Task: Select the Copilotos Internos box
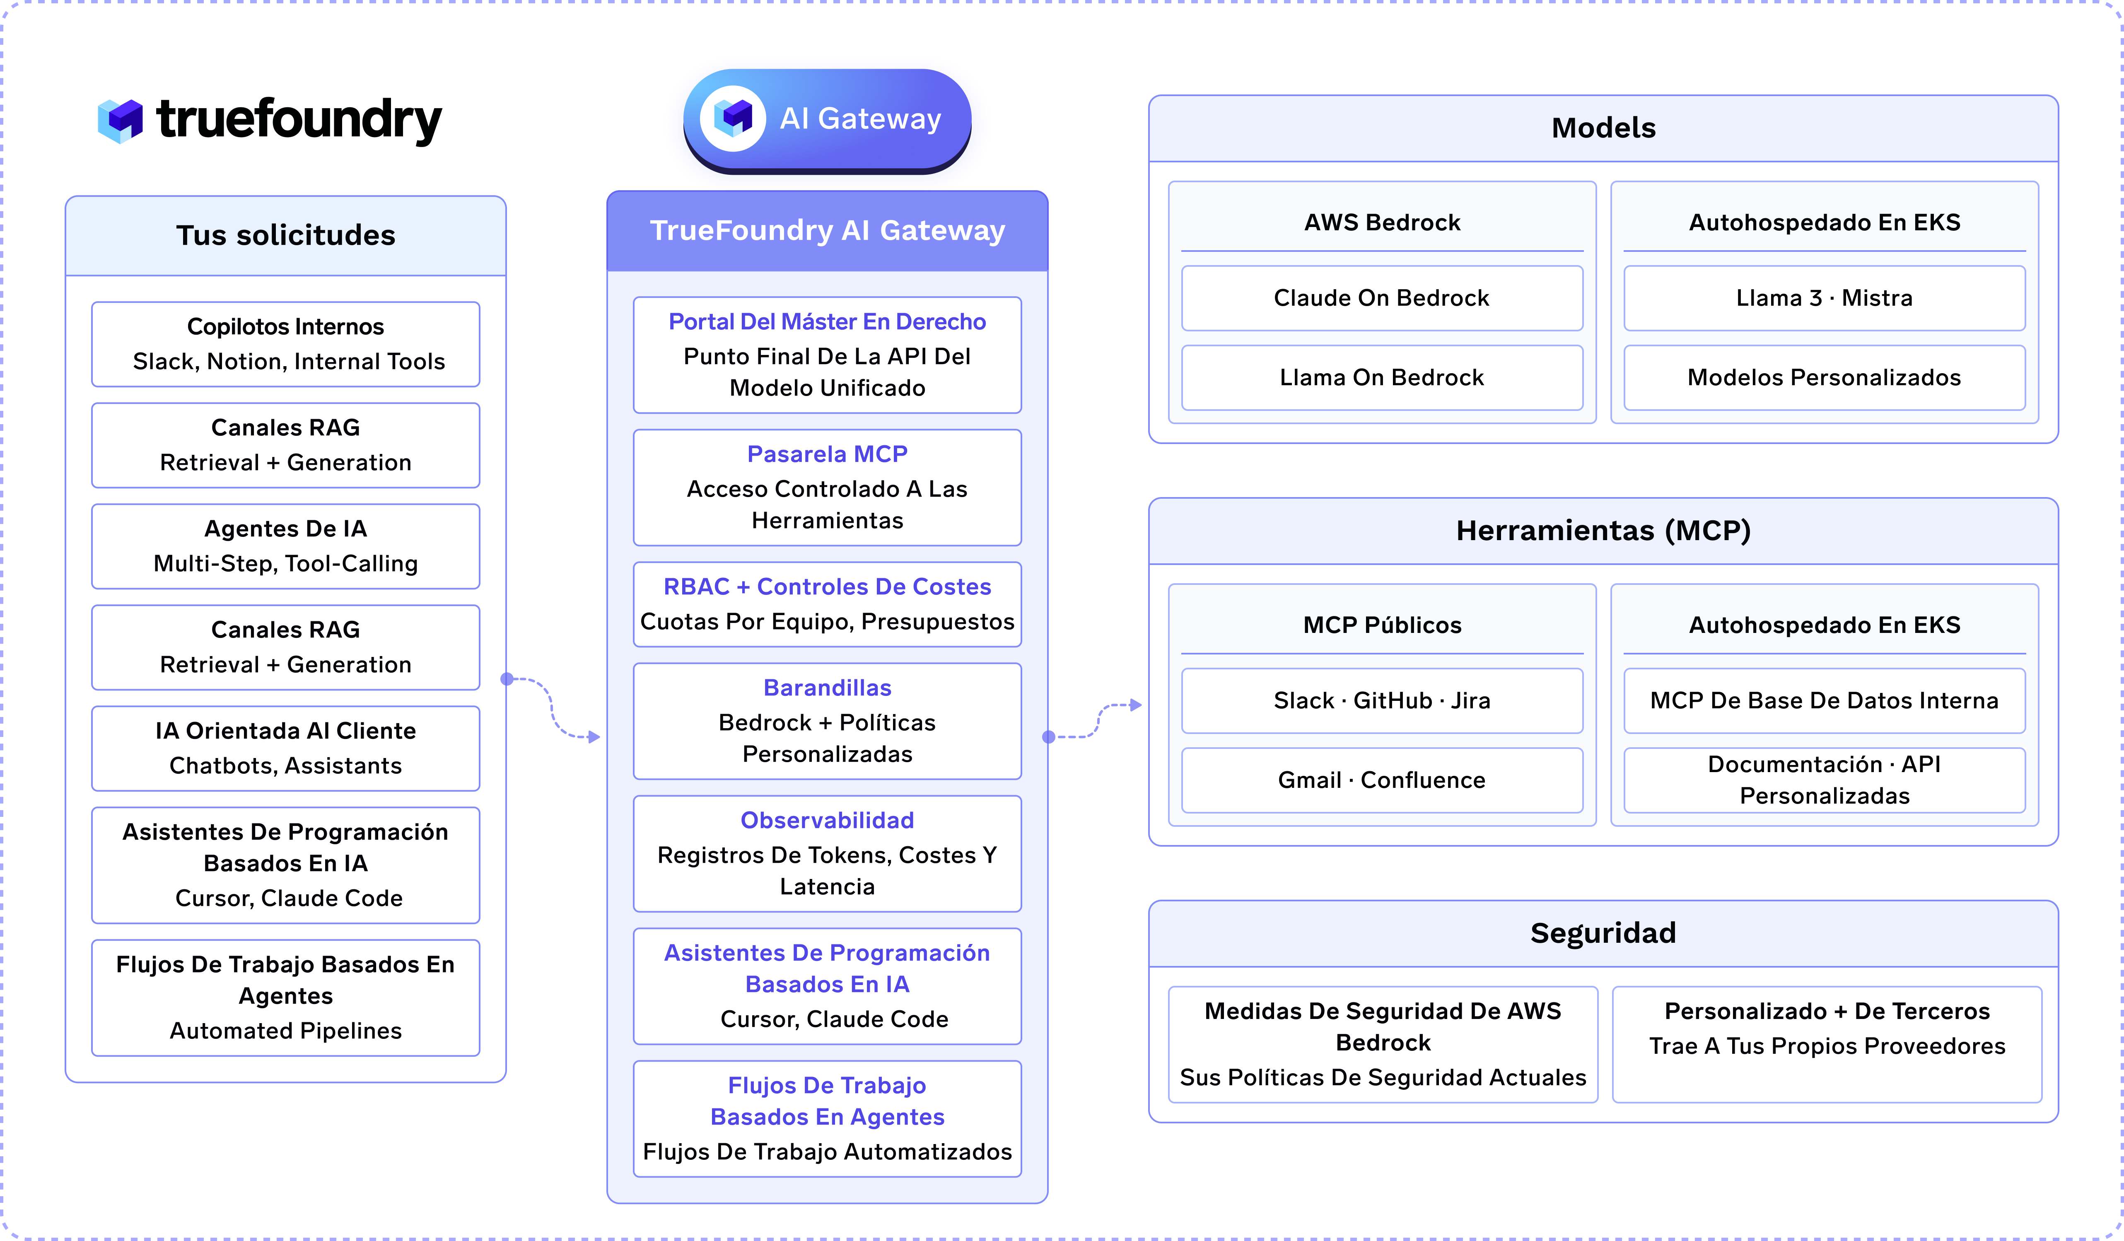tap(286, 344)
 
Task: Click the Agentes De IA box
tap(286, 546)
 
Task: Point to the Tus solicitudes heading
tap(286, 235)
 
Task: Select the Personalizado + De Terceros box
tap(1827, 1044)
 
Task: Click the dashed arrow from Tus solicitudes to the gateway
tap(552, 708)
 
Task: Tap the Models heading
tap(1603, 128)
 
